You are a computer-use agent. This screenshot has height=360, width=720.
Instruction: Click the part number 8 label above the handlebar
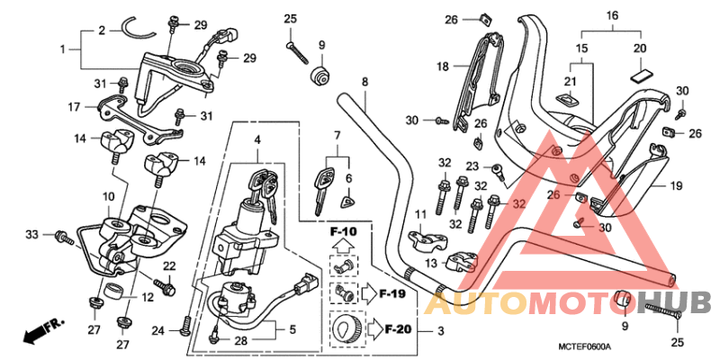[x=364, y=82]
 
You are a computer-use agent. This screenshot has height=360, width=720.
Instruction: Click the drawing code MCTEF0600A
[x=584, y=346]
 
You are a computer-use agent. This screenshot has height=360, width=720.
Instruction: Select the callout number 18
[x=443, y=66]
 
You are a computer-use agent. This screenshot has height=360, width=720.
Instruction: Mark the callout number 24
[x=158, y=331]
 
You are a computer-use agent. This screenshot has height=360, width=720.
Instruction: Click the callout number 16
[x=612, y=16]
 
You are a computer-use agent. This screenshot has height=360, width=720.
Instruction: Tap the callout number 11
[x=419, y=213]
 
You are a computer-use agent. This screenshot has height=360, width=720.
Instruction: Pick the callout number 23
[x=472, y=166]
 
